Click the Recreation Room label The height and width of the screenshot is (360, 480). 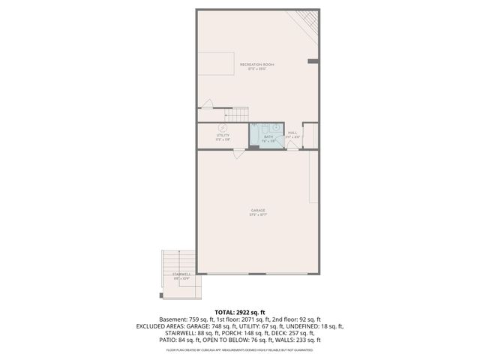(x=257, y=66)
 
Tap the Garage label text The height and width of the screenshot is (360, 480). (x=258, y=211)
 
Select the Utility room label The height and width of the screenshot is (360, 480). (x=223, y=136)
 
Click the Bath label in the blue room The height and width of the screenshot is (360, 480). (x=268, y=138)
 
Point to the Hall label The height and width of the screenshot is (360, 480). (x=292, y=135)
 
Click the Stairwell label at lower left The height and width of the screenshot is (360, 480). (x=181, y=276)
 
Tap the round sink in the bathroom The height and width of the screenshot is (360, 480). (x=275, y=128)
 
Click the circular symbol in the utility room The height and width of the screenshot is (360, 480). (x=223, y=127)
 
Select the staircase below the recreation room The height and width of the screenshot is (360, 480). (x=235, y=114)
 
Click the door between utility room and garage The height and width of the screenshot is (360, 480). (x=238, y=153)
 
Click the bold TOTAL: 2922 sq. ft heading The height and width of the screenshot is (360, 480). (x=239, y=311)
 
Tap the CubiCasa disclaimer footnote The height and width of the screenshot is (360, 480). (x=239, y=349)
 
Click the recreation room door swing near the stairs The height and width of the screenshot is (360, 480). (x=209, y=106)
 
